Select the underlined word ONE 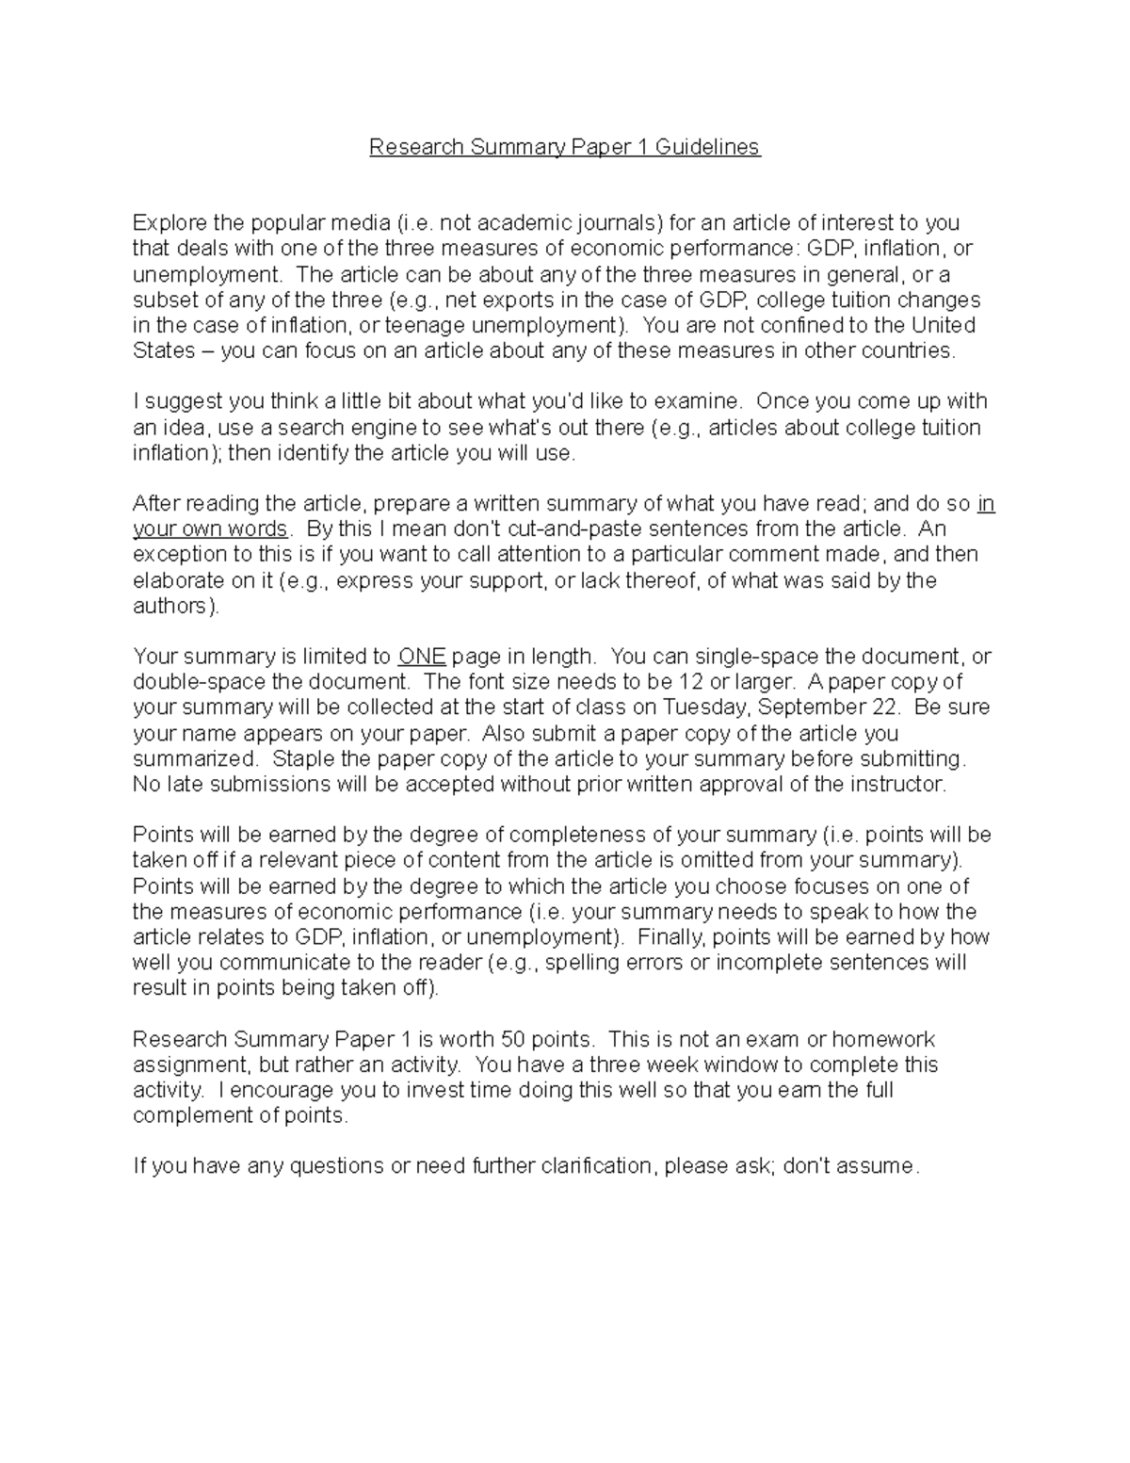click(x=422, y=657)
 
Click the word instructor click(x=897, y=785)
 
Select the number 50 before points click(x=513, y=1040)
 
